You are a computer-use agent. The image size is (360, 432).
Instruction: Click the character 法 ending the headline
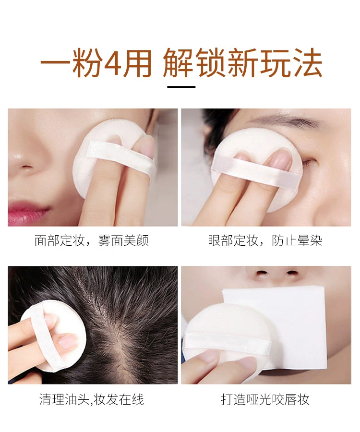point(307,62)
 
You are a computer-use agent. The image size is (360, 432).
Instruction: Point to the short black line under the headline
point(181,87)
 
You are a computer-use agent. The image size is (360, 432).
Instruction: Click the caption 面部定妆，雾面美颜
point(92,240)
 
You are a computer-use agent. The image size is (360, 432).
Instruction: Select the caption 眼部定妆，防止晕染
point(265,240)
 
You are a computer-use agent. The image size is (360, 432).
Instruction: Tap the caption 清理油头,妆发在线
point(92,399)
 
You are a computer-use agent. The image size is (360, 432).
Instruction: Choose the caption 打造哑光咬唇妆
point(265,399)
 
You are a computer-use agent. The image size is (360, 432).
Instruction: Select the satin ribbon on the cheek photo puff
point(119,156)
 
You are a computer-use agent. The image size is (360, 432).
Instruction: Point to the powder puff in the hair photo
point(52,336)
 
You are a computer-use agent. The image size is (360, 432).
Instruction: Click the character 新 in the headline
point(243,62)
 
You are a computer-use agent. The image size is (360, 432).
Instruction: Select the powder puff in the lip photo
point(228,339)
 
